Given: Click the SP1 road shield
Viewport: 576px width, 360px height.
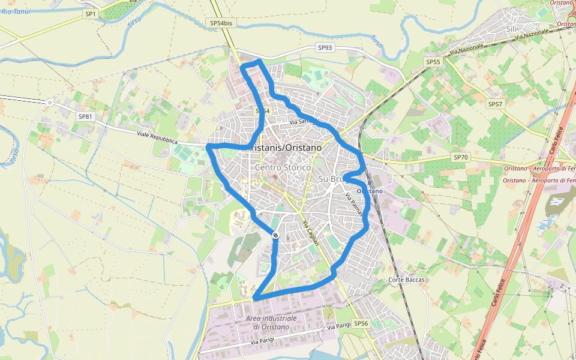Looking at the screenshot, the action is point(91,13).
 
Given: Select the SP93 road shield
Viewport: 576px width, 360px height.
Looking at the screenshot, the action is point(325,47).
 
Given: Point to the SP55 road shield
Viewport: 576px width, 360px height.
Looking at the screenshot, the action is point(433,62).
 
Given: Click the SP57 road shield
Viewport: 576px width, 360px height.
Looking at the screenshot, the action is point(494,104).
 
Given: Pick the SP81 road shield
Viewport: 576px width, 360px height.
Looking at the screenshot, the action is point(85,116).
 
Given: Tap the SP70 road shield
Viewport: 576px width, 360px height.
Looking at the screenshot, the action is point(460,157).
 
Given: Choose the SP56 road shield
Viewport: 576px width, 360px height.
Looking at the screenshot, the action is point(361,323).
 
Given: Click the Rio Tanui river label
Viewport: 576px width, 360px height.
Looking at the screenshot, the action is point(16,11).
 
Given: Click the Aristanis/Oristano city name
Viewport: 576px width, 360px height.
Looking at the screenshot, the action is point(284,148).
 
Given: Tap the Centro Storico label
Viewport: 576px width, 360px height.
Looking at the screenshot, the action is point(283,167).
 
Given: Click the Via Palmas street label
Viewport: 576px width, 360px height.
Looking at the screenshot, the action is point(355,205).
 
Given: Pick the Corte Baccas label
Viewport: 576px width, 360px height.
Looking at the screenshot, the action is point(406,280).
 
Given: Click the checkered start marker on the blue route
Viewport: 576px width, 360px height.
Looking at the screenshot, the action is point(275,235).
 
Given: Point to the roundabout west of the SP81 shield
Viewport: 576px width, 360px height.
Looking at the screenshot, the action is point(50,103).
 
